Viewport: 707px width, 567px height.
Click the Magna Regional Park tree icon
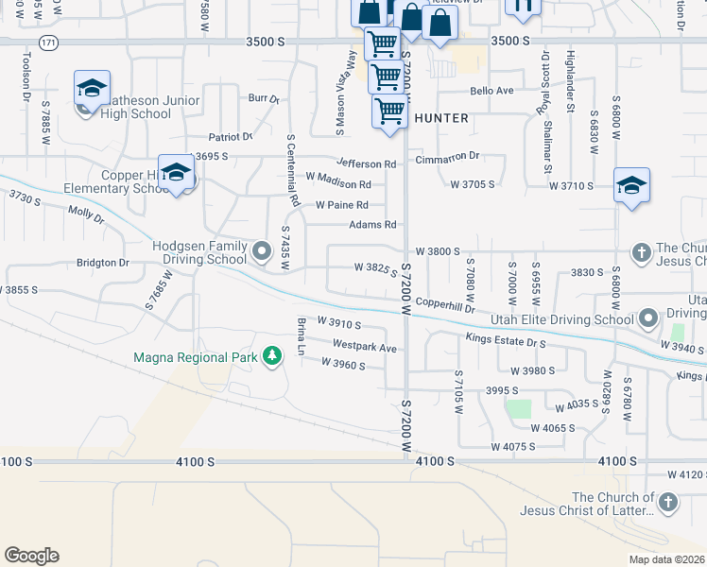point(273,356)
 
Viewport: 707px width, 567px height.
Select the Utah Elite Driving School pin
point(648,318)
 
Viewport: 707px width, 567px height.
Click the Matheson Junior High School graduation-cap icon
point(92,88)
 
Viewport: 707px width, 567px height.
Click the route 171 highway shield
point(48,43)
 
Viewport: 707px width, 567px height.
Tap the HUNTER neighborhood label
point(440,118)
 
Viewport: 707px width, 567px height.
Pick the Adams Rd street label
point(372,225)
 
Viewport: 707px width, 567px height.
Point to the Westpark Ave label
point(365,347)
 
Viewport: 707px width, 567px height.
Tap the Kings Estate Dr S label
point(506,339)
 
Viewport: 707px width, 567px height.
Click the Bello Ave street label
point(491,91)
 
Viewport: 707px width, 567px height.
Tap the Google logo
point(31,556)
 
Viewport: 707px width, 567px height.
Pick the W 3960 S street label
point(342,363)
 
